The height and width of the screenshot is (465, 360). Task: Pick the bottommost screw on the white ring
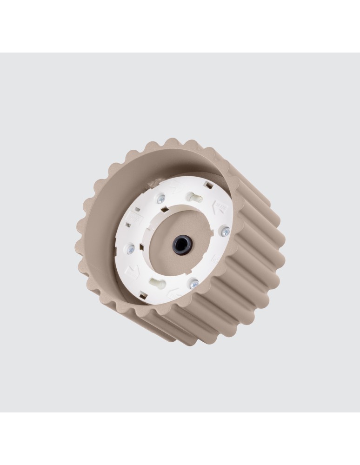[193, 283]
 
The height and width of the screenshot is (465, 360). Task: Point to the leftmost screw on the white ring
[131, 249]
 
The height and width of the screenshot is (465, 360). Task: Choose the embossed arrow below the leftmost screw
[134, 269]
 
